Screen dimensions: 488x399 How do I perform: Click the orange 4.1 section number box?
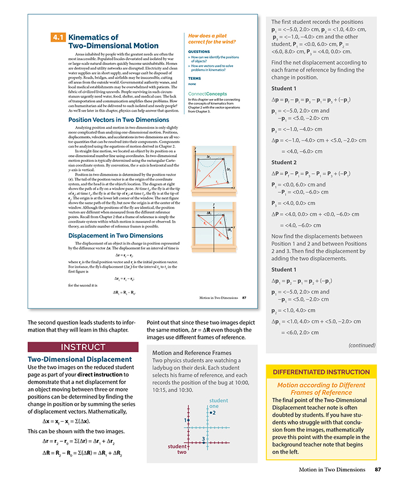[x=58, y=38]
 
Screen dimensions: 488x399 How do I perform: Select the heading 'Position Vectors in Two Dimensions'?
[x=119, y=120]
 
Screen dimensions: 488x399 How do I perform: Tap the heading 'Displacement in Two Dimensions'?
[x=115, y=235]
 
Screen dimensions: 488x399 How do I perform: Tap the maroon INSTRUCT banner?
[x=83, y=348]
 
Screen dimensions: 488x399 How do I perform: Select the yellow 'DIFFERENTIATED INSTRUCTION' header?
[x=321, y=372]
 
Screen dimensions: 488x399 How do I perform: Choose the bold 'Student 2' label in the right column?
[x=284, y=162]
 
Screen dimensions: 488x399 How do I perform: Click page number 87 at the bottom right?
[x=377, y=469]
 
